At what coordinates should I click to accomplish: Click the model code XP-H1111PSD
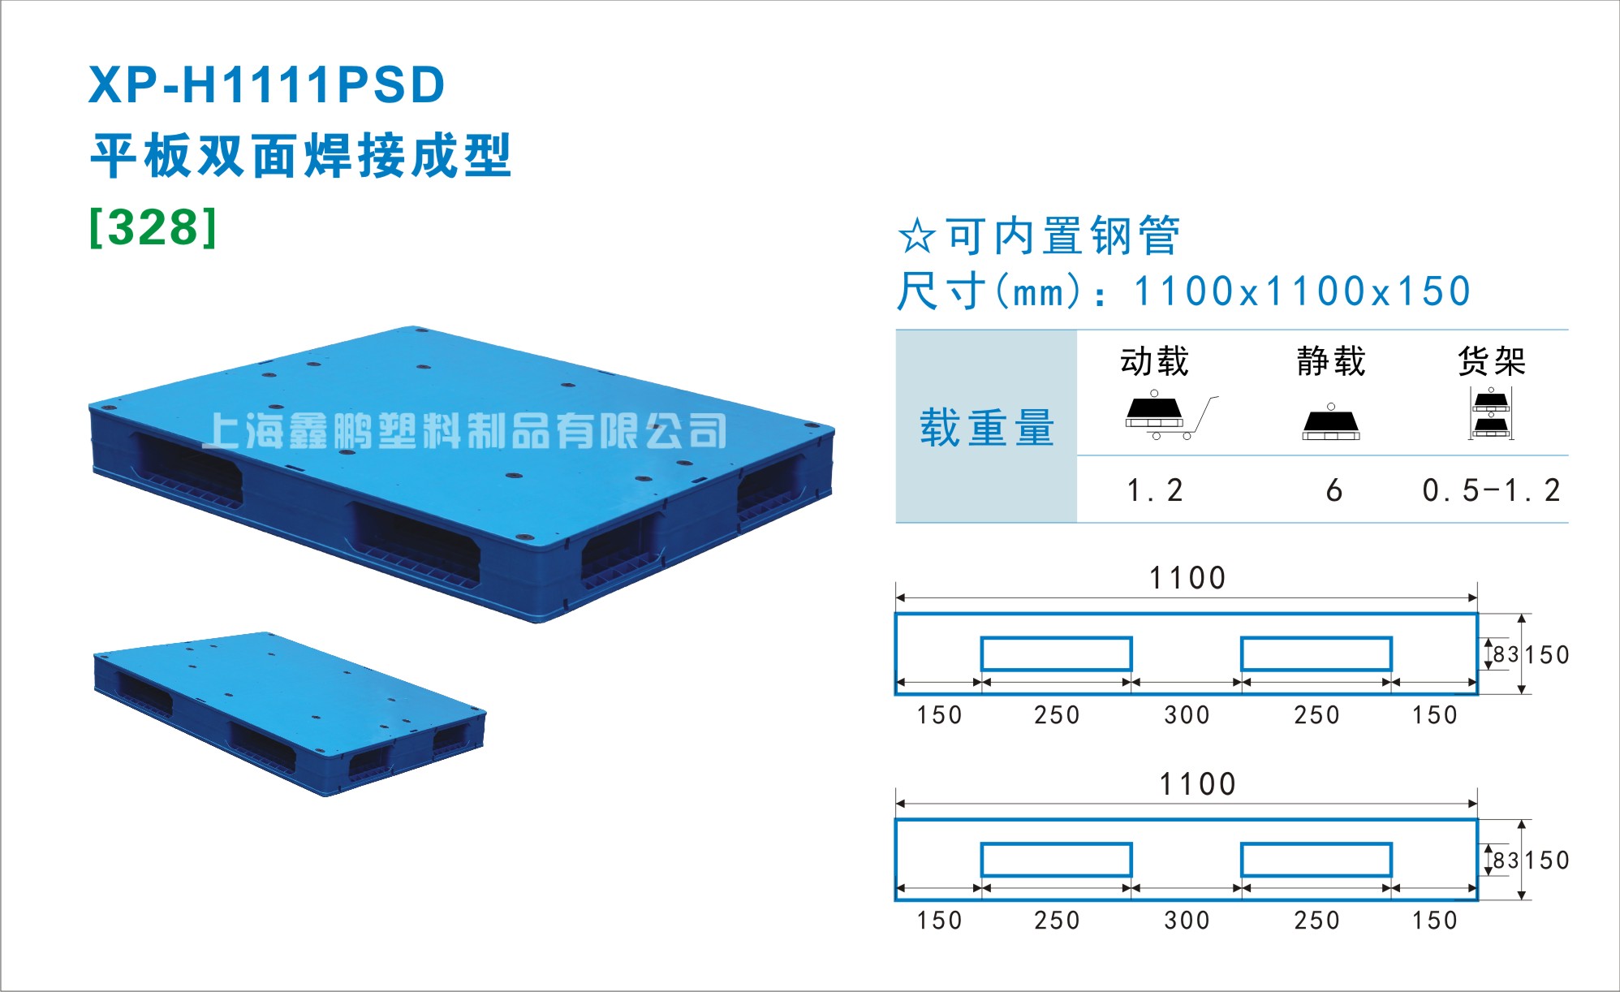tap(267, 84)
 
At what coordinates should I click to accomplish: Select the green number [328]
tap(153, 227)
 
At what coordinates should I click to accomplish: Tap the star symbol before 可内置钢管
tap(917, 236)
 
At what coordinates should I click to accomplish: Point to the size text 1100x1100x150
tap(1302, 291)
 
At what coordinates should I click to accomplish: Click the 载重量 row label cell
tap(986, 426)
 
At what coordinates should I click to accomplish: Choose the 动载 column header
tap(1155, 360)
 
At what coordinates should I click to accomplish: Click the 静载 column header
tap(1331, 360)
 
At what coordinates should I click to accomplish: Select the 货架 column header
tap(1492, 360)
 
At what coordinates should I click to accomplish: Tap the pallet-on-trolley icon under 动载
tap(1171, 416)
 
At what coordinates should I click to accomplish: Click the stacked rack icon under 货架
tap(1491, 413)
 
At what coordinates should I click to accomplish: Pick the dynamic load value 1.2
tap(1155, 490)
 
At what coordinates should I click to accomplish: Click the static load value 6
tap(1333, 490)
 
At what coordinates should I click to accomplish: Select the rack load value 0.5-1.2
tap(1491, 490)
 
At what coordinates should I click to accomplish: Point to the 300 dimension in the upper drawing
tap(1187, 715)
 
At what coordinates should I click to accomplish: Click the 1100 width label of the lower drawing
tap(1197, 784)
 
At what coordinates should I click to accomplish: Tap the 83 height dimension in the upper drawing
tap(1506, 654)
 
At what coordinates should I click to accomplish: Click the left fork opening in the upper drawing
tap(1056, 653)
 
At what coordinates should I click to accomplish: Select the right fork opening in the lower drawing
tap(1316, 860)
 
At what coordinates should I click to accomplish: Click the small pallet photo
tap(290, 714)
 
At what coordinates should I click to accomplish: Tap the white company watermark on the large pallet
tap(464, 430)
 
